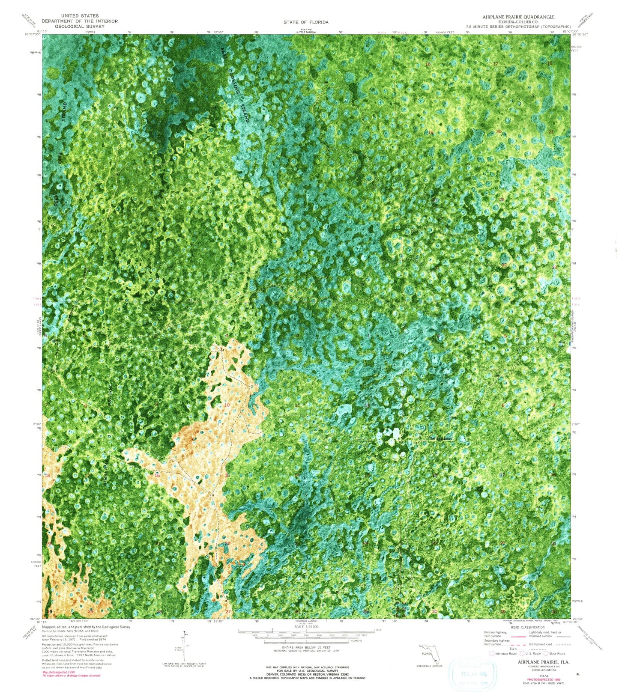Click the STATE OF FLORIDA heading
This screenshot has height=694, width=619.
coord(306,22)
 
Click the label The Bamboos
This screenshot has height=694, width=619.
coord(441,438)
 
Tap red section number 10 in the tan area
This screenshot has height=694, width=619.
coord(227,405)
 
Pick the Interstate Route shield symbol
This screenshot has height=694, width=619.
coord(491,653)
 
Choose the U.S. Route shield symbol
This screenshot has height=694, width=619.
coord(522,653)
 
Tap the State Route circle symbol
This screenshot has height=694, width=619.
coord(546,653)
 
